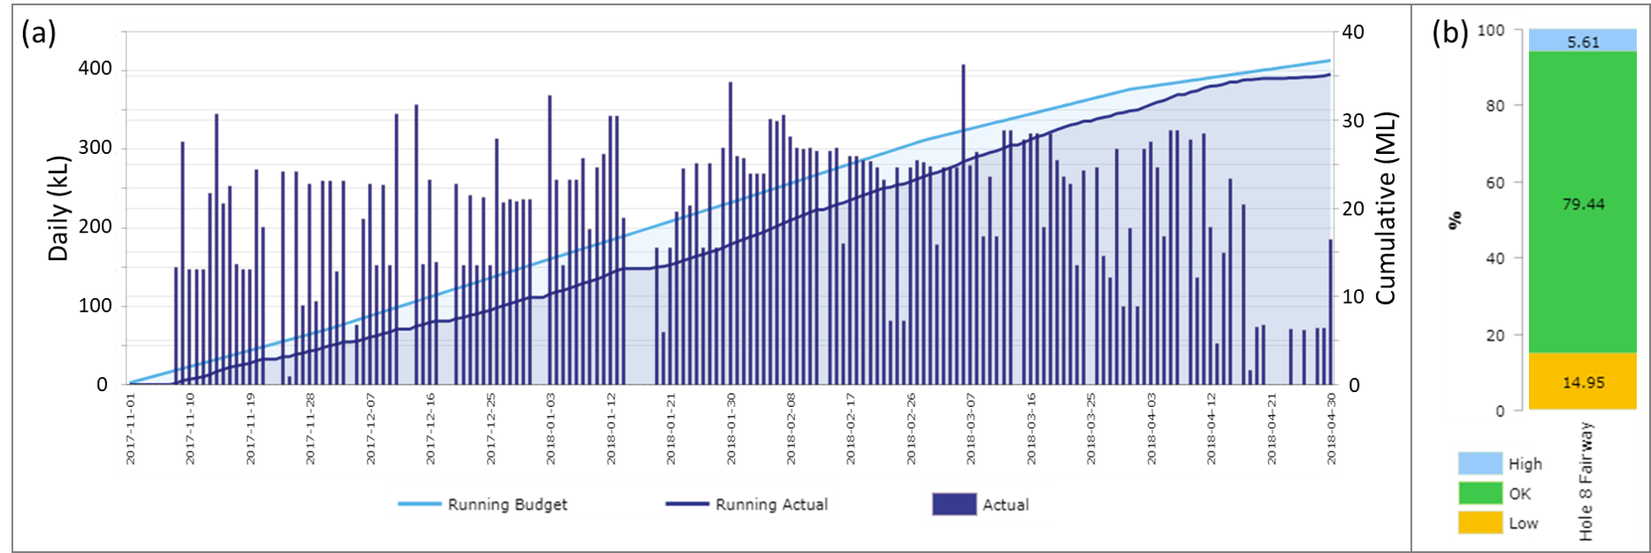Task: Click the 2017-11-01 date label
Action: click(131, 429)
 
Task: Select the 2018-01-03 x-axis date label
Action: click(551, 429)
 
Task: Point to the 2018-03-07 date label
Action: click(971, 429)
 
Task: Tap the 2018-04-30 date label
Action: click(1331, 429)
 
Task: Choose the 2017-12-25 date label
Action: click(491, 429)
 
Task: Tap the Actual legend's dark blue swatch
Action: click(953, 504)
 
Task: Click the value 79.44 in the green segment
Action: click(1583, 204)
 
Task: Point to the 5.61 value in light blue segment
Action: click(1583, 42)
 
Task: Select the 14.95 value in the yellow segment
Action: click(1583, 383)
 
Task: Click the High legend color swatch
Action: click(1479, 464)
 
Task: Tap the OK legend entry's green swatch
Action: click(1479, 493)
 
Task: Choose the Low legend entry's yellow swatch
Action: click(1479, 523)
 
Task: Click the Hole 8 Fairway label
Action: click(1586, 480)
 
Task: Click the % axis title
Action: click(1455, 219)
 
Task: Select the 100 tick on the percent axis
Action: click(1491, 30)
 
